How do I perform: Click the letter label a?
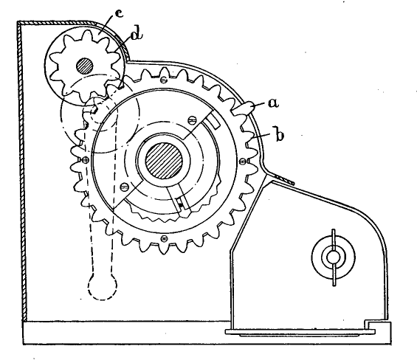[273, 103]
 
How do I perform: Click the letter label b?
[279, 135]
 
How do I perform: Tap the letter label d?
[137, 35]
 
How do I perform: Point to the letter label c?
[119, 13]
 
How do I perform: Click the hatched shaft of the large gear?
[164, 161]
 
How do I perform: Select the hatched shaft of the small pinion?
[85, 66]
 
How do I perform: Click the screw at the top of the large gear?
[164, 79]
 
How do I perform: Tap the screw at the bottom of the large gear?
[165, 238]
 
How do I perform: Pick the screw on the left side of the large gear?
[86, 160]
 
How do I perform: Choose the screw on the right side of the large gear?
[243, 161]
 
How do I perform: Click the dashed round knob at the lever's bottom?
[103, 287]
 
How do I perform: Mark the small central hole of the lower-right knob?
[333, 257]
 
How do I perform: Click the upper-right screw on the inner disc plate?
[191, 120]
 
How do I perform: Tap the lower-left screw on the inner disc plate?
[125, 187]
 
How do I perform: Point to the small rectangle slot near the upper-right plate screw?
[213, 122]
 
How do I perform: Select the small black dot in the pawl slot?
[182, 205]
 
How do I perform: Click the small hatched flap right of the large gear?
[284, 179]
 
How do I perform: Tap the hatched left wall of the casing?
[22, 170]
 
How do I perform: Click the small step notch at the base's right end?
[368, 324]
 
